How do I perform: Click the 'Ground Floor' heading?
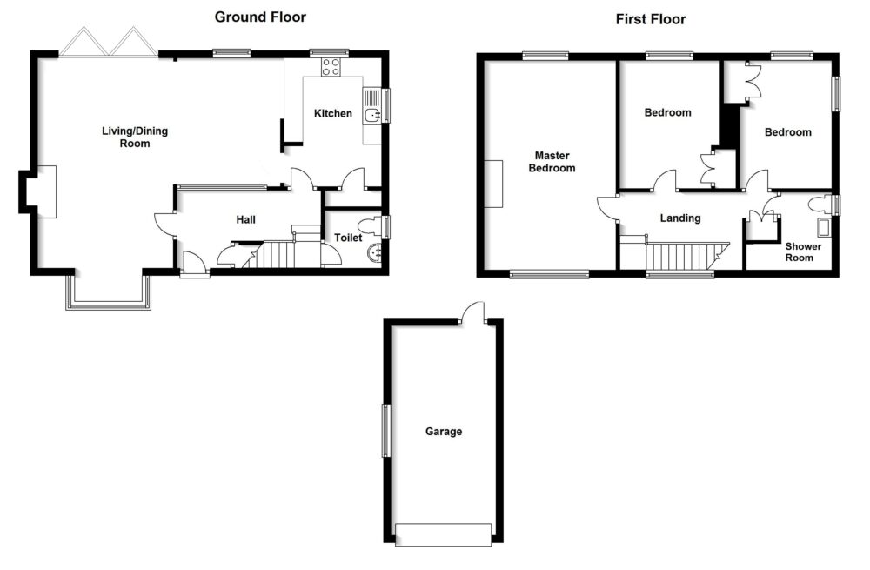point(260,17)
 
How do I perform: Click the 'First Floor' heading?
point(651,18)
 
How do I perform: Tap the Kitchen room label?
point(333,113)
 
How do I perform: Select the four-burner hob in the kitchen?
point(331,66)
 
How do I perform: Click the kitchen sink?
point(371,117)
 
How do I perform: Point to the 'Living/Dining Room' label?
point(135,137)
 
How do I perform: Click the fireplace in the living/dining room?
point(40,191)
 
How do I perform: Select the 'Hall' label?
point(246,220)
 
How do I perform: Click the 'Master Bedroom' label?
point(552,162)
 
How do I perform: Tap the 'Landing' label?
point(679,218)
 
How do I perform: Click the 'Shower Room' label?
point(799,251)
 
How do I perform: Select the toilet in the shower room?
point(820,205)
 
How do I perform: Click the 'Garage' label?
point(444,432)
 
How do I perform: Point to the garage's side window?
point(385,430)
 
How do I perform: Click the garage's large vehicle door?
point(443,533)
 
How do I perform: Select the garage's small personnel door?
point(472,312)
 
